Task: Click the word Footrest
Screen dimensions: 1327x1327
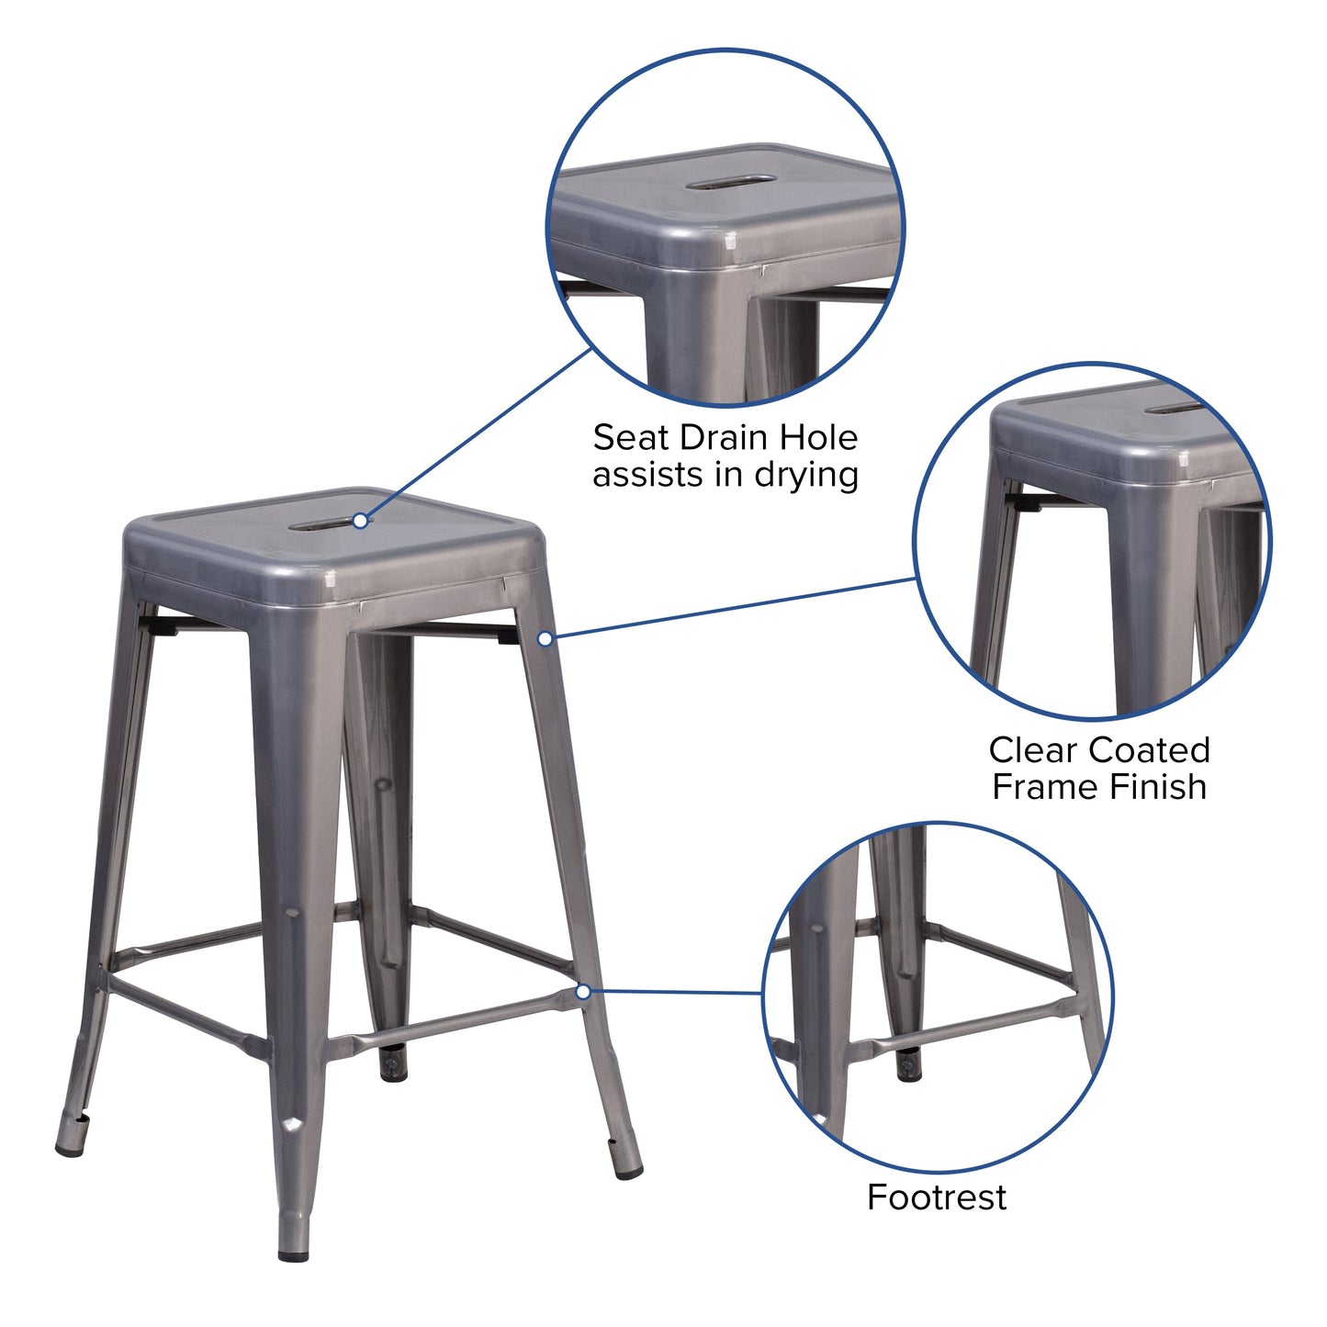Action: pyautogui.click(x=936, y=1198)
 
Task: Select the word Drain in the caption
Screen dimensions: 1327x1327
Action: pyautogui.click(x=723, y=438)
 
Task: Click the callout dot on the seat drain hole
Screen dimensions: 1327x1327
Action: pyautogui.click(x=361, y=521)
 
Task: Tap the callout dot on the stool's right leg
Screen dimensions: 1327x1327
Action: pyautogui.click(x=545, y=638)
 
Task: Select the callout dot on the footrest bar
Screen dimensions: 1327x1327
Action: pyautogui.click(x=583, y=992)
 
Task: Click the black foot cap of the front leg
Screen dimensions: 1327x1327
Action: pyautogui.click(x=294, y=1253)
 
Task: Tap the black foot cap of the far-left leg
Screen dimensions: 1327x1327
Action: pyautogui.click(x=69, y=1149)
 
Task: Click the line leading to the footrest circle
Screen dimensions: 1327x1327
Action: pyautogui.click(x=675, y=992)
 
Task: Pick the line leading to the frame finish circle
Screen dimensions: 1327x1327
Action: pyautogui.click(x=735, y=608)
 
